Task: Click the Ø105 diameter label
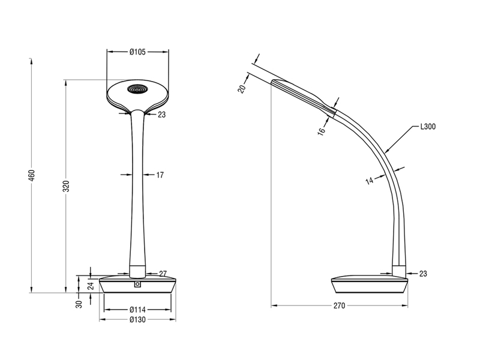pos(138,52)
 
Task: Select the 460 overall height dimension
pos(32,175)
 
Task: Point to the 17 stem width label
pos(160,175)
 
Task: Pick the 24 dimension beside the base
pos(91,284)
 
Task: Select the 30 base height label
pos(79,304)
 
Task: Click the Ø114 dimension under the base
pos(138,310)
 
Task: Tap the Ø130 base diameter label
pos(138,319)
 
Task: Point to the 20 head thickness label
pos(241,88)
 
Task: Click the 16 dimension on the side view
pos(322,130)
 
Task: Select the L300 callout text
pos(428,127)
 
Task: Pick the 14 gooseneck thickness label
pos(368,179)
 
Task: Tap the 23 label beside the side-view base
pos(423,274)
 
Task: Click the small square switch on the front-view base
pos(138,284)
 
